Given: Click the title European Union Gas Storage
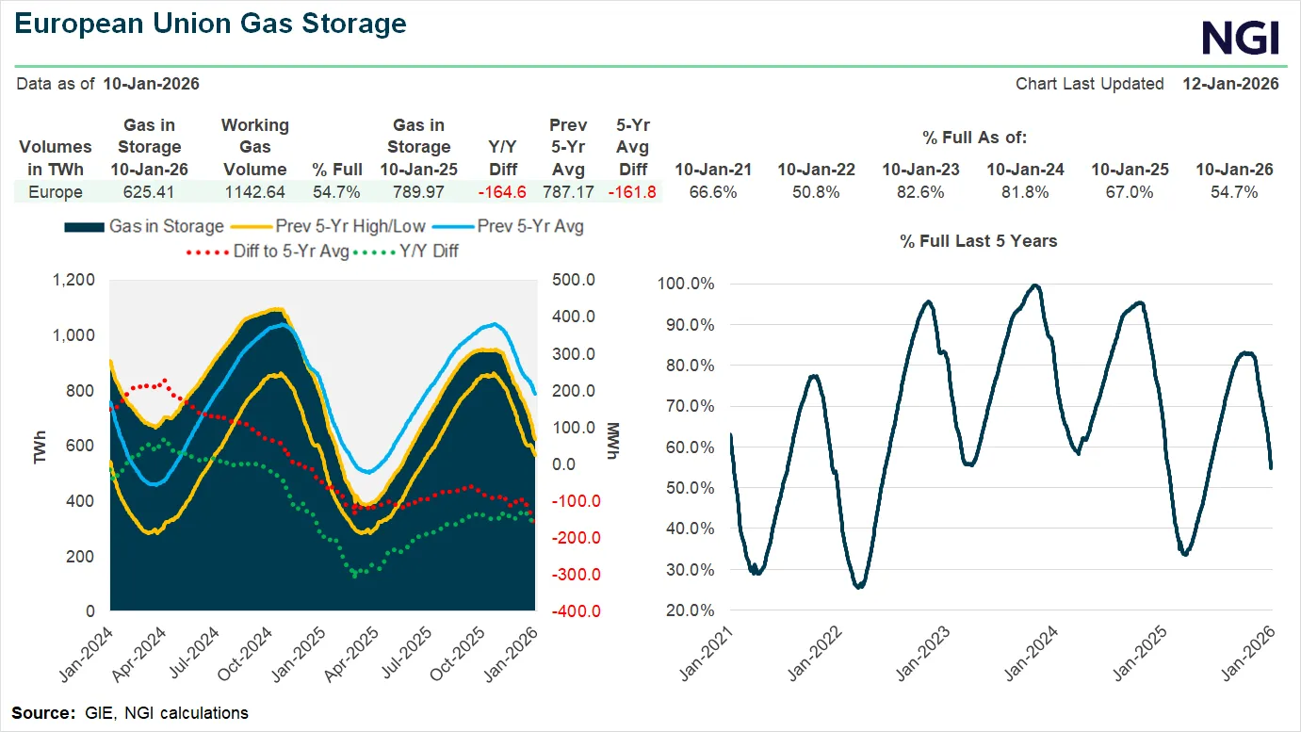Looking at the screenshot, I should (211, 24).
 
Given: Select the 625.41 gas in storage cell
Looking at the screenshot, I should (149, 192).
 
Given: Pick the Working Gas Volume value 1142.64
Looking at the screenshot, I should (254, 192).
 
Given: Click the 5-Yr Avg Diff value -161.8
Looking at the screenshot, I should (632, 192).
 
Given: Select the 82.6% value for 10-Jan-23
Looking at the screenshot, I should (920, 192).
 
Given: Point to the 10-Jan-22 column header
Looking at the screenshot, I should (816, 170).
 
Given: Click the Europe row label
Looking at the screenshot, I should (56, 192).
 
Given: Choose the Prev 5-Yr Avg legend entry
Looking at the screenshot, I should (530, 226).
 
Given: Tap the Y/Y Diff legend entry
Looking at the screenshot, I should (423, 251).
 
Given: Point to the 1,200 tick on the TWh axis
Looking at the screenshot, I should (74, 280).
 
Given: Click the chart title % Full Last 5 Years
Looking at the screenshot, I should (978, 241).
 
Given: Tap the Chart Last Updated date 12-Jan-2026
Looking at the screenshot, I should (1230, 84).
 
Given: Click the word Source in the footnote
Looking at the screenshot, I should (41, 712).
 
